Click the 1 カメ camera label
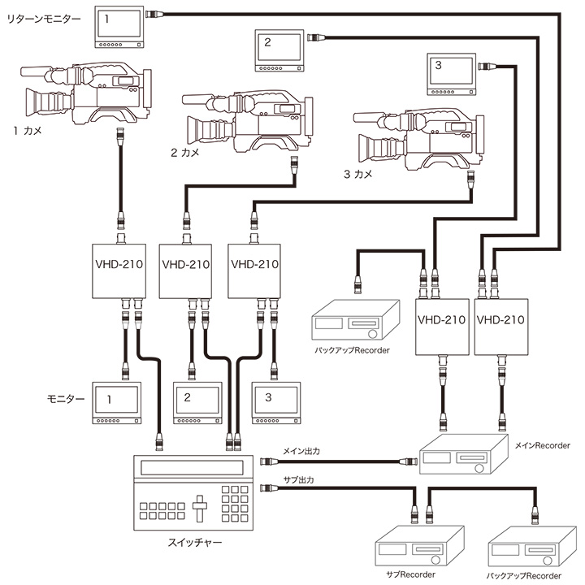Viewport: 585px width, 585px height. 28,129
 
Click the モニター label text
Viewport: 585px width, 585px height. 63,400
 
